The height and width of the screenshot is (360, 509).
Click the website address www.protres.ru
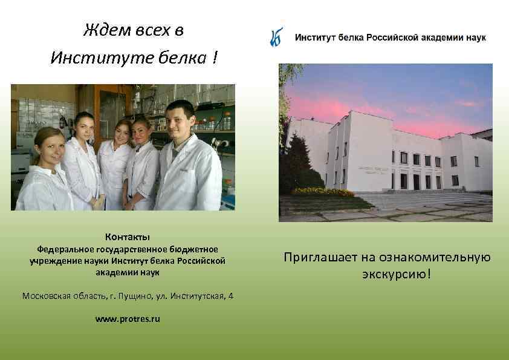coord(128,319)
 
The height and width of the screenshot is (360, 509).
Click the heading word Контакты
coord(127,237)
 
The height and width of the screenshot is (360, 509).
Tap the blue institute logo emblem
coord(277,38)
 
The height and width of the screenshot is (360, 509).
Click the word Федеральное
coord(64,249)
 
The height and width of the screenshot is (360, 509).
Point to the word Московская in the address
coord(48,296)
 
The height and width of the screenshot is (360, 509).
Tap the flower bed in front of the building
coord(323,192)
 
